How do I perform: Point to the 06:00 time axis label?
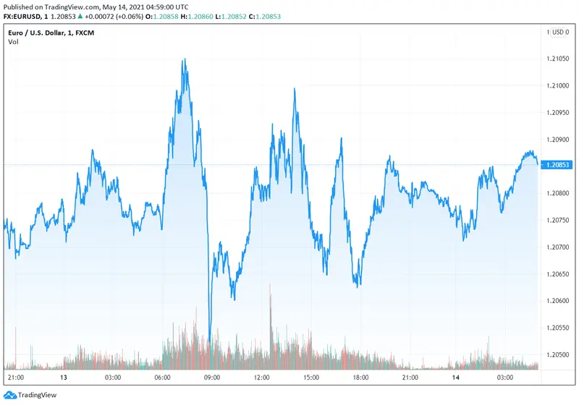162,378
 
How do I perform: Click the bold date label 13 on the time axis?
64,378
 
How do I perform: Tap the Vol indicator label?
13,41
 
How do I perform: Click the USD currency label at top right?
559,32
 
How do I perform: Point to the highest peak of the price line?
185,59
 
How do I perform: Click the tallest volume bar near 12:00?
270,286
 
